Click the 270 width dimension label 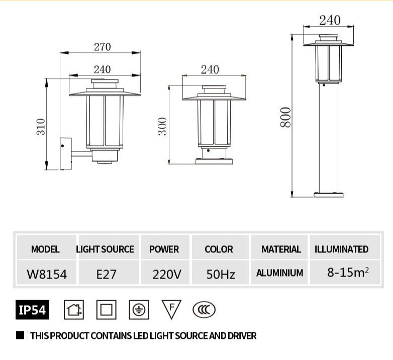[102, 47]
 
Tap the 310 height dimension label [41, 127]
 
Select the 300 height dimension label [162, 126]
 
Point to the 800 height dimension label [285, 117]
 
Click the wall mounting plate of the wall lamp [65, 154]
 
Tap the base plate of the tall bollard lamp [329, 195]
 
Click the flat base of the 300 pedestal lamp [214, 161]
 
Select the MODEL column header [45, 249]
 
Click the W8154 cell [47, 274]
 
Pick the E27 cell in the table [106, 274]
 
